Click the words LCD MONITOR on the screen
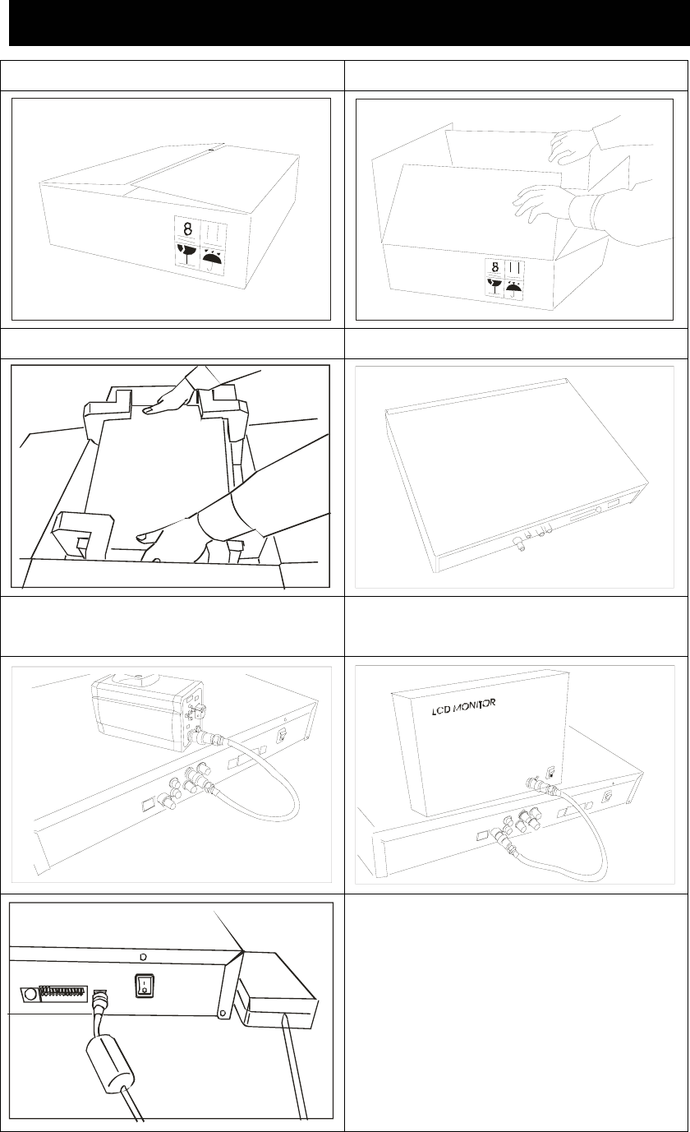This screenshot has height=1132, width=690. (x=463, y=707)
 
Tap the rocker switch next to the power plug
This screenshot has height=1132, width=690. (x=145, y=986)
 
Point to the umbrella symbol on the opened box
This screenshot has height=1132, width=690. (x=513, y=289)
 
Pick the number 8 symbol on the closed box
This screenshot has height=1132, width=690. (x=187, y=229)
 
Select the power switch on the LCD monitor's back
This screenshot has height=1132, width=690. (x=552, y=774)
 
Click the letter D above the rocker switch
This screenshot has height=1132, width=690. (x=143, y=957)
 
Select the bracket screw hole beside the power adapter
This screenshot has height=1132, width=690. (x=221, y=1012)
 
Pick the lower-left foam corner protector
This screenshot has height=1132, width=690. (x=83, y=534)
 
